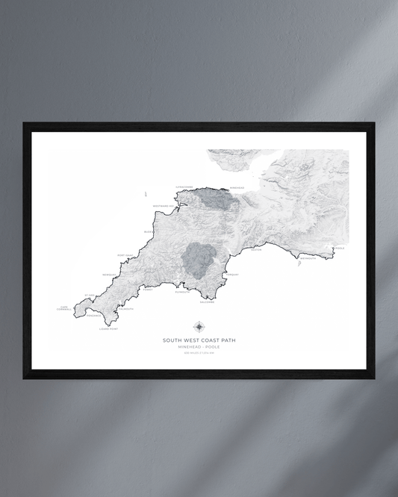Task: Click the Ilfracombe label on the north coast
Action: pos(184,187)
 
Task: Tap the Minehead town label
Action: pos(237,188)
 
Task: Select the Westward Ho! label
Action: pos(163,206)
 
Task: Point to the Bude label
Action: pos(148,232)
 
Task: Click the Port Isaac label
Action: pos(125,255)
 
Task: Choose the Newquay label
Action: pos(110,274)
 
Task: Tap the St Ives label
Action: pos(90,295)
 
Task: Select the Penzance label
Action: pos(93,315)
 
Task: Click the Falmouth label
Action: pos(125,309)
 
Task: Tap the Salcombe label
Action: pos(207,302)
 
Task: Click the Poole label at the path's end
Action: pos(340,248)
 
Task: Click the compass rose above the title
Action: pos(199,327)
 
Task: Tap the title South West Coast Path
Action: pos(199,340)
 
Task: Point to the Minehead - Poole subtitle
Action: pos(199,347)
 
